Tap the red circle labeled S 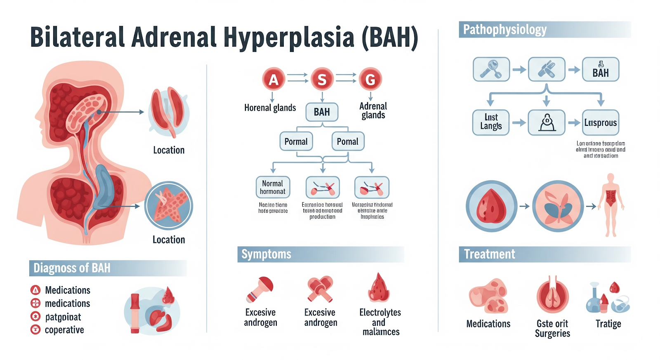pyautogui.click(x=322, y=79)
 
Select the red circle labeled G pyautogui.click(x=370, y=79)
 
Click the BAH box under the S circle pyautogui.click(x=322, y=112)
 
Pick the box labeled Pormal pyautogui.click(x=296, y=141)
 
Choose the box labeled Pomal pyautogui.click(x=347, y=141)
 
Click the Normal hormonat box pyautogui.click(x=273, y=187)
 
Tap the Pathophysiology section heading pyautogui.click(x=505, y=30)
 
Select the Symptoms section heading pyautogui.click(x=266, y=254)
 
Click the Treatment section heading pyautogui.click(x=489, y=254)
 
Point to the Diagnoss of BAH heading pyautogui.click(x=72, y=268)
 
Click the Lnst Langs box pyautogui.click(x=491, y=122)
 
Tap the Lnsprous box pyautogui.click(x=600, y=122)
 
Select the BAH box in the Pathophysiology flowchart pyautogui.click(x=600, y=69)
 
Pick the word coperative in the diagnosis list pyautogui.click(x=64, y=330)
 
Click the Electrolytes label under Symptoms pyautogui.click(x=380, y=313)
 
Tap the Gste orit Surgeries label pyautogui.click(x=552, y=329)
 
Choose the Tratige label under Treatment pyautogui.click(x=608, y=324)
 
